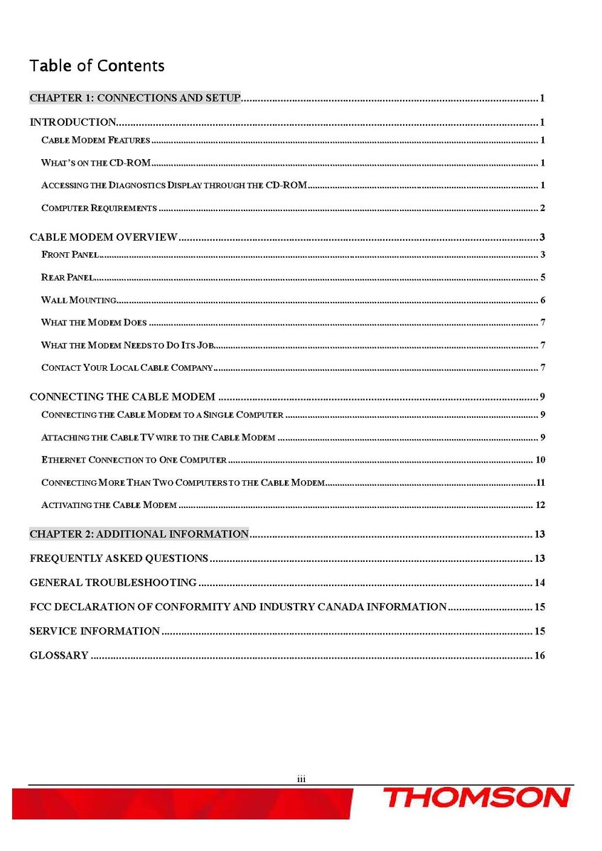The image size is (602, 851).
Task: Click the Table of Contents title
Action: (97, 66)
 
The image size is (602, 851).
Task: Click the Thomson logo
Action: (477, 798)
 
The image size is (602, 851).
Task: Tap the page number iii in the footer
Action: (301, 779)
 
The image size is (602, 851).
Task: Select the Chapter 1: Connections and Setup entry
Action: (135, 98)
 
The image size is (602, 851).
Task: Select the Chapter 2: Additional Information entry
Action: (139, 534)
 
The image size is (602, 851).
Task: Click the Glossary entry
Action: (59, 655)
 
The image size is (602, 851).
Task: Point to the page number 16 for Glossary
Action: (539, 655)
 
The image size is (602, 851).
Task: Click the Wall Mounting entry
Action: (79, 300)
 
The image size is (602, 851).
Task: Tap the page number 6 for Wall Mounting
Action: (542, 300)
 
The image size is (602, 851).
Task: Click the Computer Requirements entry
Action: (99, 208)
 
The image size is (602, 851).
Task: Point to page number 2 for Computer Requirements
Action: (542, 208)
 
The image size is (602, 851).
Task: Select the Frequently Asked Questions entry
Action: (119, 558)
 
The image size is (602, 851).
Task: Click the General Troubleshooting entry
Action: (113, 582)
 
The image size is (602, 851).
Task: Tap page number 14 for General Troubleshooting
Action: (539, 582)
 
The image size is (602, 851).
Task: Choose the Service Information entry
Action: (95, 631)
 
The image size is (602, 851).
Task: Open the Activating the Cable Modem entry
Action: (109, 505)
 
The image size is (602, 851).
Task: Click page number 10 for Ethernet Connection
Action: (539, 460)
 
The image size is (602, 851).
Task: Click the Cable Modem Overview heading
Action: (103, 237)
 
